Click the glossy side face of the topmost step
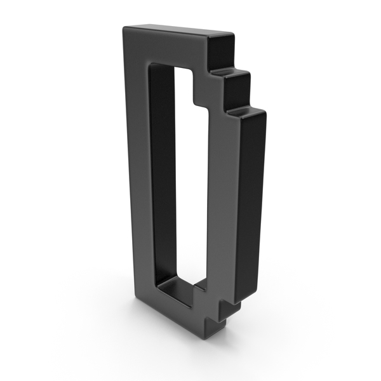(x=222, y=52)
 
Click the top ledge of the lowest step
(x=245, y=112)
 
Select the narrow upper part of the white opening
(x=184, y=85)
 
